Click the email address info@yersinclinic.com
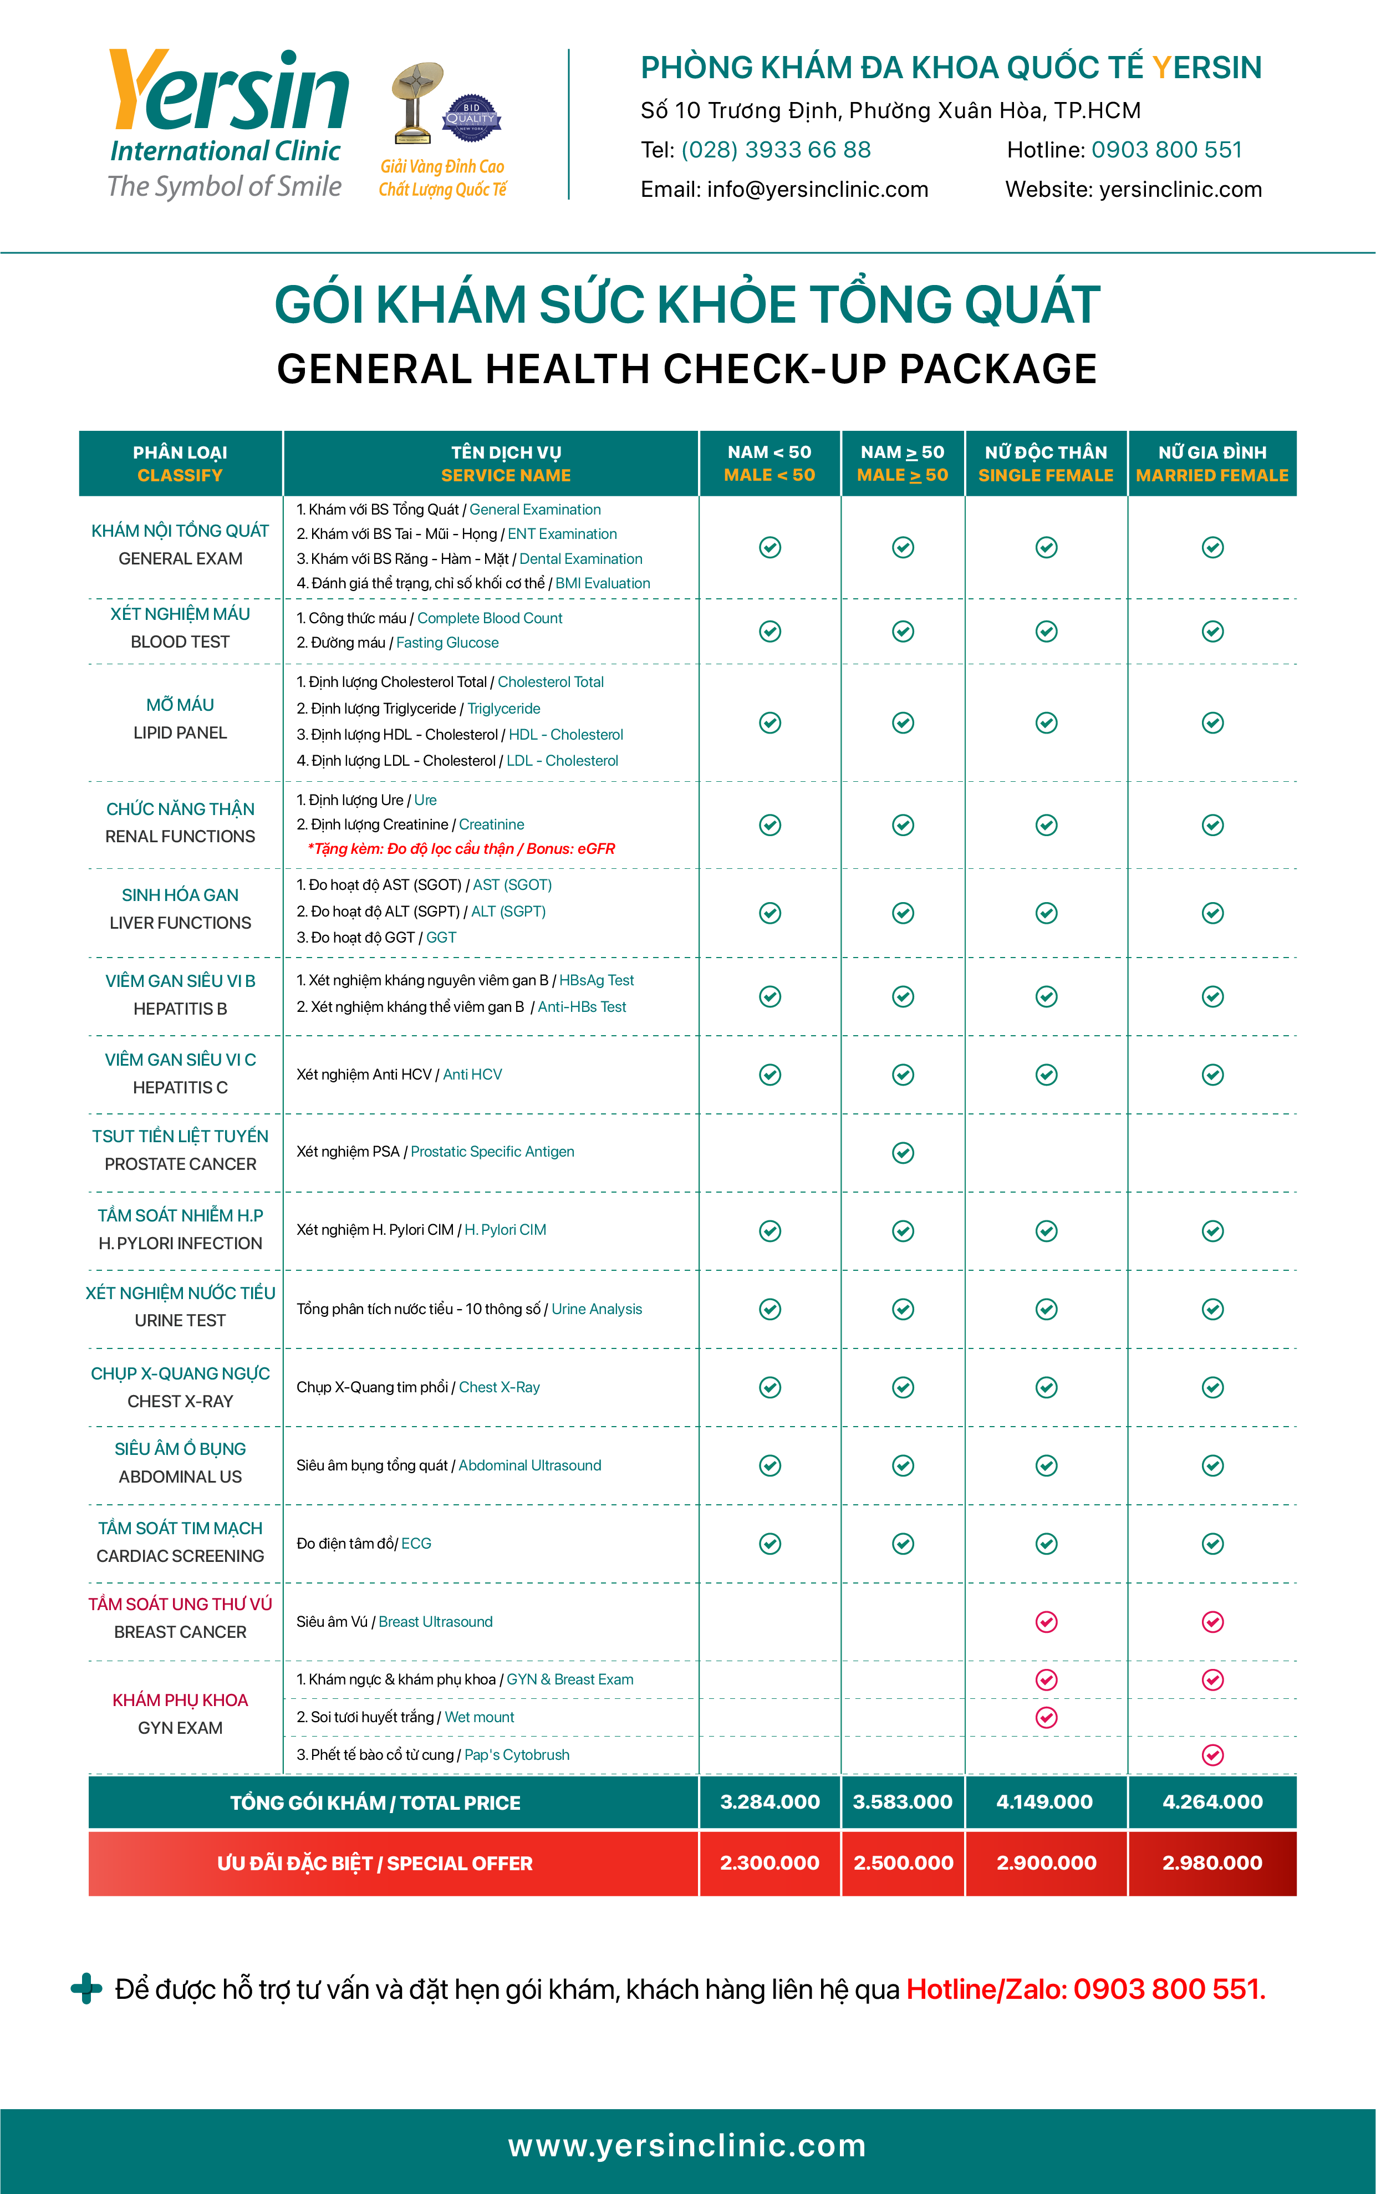pos(817,189)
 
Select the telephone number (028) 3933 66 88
pos(776,150)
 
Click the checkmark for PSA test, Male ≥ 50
pos(903,1153)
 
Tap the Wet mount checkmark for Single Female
pos(1047,1717)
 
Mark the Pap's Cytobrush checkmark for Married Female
pos(1212,1755)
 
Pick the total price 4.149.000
pos(1044,1802)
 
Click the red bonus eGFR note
pos(461,849)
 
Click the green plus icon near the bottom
pos(86,1988)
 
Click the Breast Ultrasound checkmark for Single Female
pos(1047,1622)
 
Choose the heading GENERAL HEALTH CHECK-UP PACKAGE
pos(687,369)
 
